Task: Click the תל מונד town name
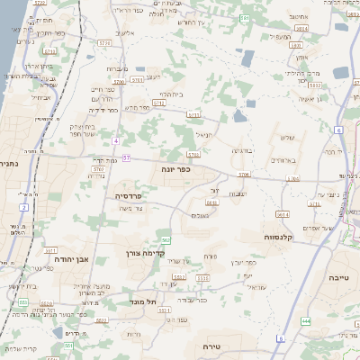click(143, 301)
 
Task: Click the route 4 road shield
click(117, 141)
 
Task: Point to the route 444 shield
click(306, 320)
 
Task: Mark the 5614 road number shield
click(282, 214)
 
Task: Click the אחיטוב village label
click(300, 15)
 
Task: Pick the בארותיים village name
click(283, 158)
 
